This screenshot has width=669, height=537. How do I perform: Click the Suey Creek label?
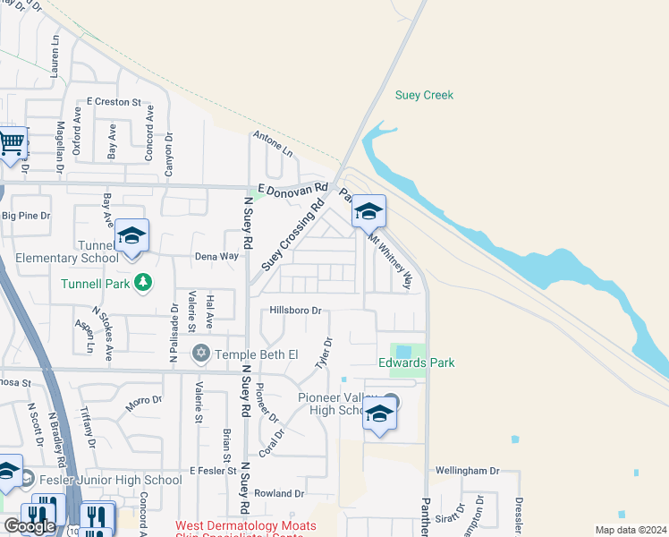425,95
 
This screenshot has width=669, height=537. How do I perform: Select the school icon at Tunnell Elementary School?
131,236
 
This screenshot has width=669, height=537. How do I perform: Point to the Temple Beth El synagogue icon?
201,354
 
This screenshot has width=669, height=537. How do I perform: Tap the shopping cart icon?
11,143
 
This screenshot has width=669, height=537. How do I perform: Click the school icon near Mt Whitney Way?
368,213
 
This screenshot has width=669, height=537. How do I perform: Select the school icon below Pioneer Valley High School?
380,414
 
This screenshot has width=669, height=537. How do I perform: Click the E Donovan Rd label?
292,189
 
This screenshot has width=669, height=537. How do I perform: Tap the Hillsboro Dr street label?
296,311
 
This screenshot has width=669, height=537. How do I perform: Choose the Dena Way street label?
216,256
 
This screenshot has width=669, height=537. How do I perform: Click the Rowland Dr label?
279,493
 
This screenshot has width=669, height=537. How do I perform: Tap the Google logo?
29,526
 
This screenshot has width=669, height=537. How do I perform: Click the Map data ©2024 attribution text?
630,530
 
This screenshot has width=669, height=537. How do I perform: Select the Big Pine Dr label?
26,216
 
